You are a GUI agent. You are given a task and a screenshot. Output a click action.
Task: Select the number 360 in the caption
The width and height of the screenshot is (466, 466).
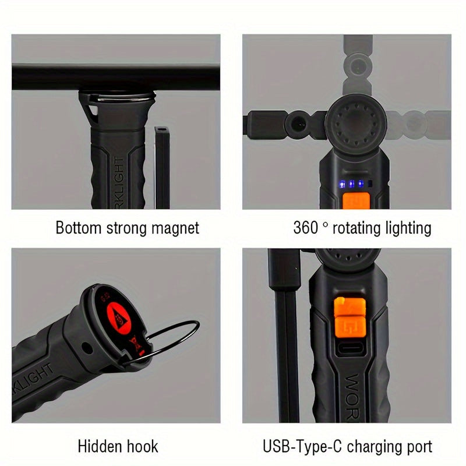[x=305, y=227]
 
